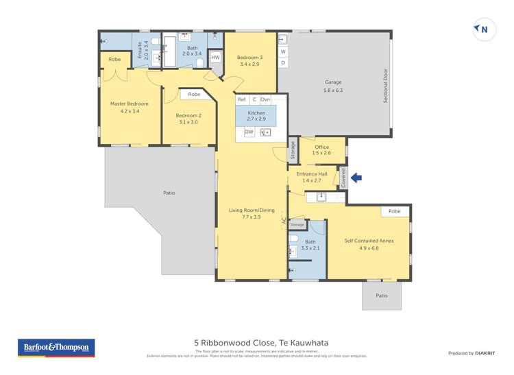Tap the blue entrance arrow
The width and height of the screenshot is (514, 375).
click(x=356, y=178)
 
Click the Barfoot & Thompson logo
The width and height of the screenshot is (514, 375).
click(x=56, y=348)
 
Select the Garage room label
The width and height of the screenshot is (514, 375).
click(x=333, y=82)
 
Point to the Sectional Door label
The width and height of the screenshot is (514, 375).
click(x=386, y=85)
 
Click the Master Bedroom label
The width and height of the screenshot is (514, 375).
click(x=130, y=104)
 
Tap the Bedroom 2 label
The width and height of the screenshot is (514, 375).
click(x=188, y=116)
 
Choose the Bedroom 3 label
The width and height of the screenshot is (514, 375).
click(x=250, y=58)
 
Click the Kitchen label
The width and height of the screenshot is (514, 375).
click(x=256, y=112)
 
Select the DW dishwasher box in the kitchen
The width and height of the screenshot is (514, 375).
click(x=249, y=132)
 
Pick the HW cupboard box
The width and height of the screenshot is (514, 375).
click(x=215, y=58)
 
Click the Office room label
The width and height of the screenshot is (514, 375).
click(x=322, y=147)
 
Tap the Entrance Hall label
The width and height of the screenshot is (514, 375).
click(x=313, y=173)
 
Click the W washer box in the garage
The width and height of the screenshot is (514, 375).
click(x=283, y=51)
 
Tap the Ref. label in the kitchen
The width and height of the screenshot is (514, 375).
click(x=242, y=99)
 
